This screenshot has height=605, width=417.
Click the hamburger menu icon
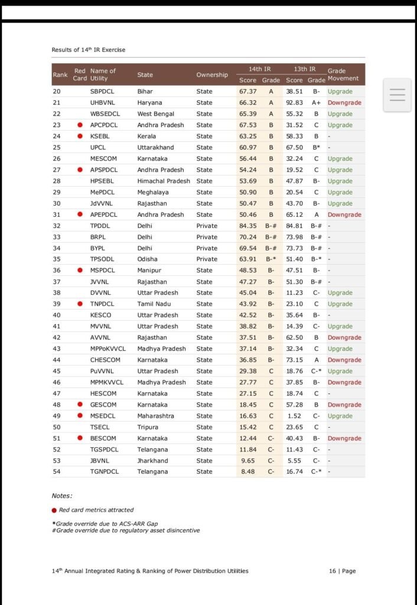click(x=398, y=95)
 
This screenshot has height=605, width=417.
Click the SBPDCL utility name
click(x=103, y=92)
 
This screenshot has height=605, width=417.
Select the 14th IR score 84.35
click(x=247, y=226)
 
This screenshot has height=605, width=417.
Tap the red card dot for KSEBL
click(x=79, y=136)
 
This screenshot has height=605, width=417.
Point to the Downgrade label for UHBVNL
click(x=344, y=103)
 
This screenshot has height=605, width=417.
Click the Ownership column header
click(x=212, y=75)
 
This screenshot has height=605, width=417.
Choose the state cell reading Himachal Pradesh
click(x=164, y=181)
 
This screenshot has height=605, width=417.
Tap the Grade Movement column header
click(x=343, y=74)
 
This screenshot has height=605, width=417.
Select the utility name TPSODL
click(x=102, y=259)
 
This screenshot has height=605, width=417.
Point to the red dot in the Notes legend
click(x=54, y=510)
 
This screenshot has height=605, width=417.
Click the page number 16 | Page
click(x=342, y=571)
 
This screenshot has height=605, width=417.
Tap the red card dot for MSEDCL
click(x=79, y=416)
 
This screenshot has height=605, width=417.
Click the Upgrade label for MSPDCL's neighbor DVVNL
click(x=340, y=292)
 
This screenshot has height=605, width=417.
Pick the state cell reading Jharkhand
click(x=152, y=460)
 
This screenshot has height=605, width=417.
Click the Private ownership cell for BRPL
click(x=207, y=237)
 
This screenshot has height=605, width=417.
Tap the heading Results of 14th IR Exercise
click(x=89, y=50)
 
